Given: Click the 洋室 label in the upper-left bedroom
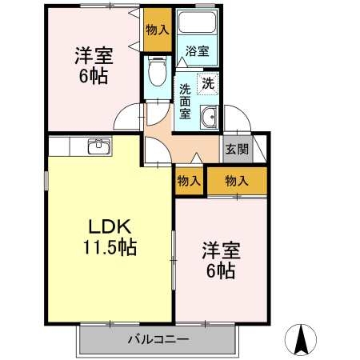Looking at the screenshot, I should click(x=94, y=57).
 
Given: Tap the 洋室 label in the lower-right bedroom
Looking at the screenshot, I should click(x=220, y=250).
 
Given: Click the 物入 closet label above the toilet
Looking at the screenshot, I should click(x=157, y=30).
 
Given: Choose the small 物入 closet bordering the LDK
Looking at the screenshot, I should click(x=188, y=181).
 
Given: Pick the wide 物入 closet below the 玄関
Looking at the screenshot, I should click(x=236, y=181).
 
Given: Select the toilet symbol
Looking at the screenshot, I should click(x=157, y=75).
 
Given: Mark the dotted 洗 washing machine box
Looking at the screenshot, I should click(x=207, y=82).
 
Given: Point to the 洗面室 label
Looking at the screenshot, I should click(x=185, y=101).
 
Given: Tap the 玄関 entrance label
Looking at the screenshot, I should click(x=236, y=148).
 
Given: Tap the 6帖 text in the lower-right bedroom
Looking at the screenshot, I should click(x=220, y=271).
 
